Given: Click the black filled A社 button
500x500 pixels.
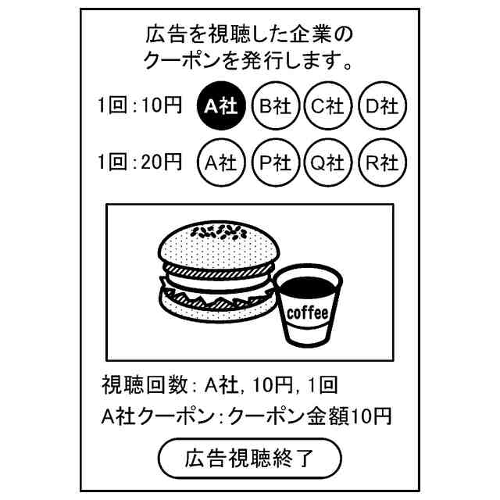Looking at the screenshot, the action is [221, 107].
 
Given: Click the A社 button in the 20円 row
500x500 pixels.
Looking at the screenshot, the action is [221, 162].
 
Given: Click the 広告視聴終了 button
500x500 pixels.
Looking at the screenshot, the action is [250, 458].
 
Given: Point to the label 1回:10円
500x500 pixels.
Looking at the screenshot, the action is [141, 106].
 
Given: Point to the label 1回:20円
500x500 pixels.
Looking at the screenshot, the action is [141, 162].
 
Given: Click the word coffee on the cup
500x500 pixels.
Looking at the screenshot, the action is [308, 313].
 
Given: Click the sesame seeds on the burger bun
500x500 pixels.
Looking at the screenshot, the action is [219, 231].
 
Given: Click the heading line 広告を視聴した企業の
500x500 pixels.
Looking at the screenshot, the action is [250, 34].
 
